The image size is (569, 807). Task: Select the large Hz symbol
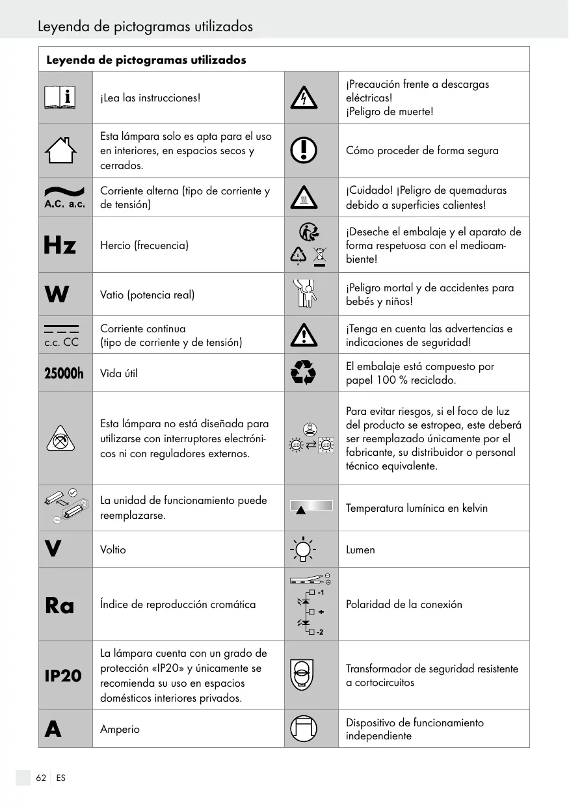60,245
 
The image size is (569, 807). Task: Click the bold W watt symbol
57,295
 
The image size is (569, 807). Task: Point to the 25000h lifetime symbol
64,373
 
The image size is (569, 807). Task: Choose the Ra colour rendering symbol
60,605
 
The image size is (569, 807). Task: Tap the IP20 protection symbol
63,676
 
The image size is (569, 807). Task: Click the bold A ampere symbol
53,729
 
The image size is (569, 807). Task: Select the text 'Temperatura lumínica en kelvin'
416,508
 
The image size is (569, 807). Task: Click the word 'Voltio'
113,549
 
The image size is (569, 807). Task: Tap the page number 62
41,778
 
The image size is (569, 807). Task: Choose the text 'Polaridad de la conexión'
404,604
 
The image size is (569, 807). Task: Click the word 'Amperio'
120,729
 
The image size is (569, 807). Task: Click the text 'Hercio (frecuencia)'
144,245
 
